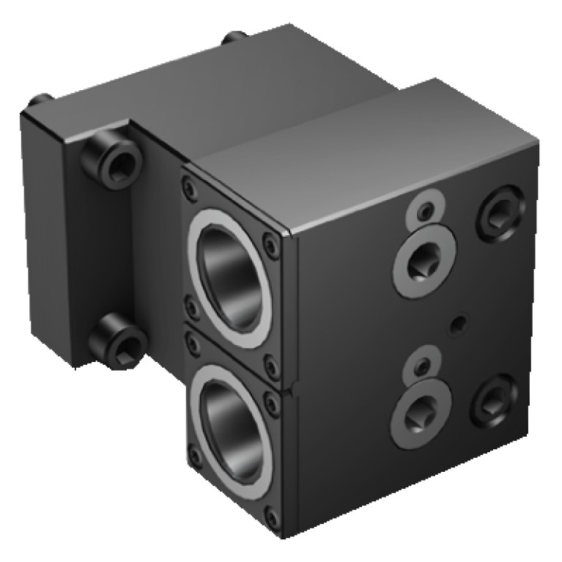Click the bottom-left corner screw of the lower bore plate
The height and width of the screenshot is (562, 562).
[195, 459]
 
